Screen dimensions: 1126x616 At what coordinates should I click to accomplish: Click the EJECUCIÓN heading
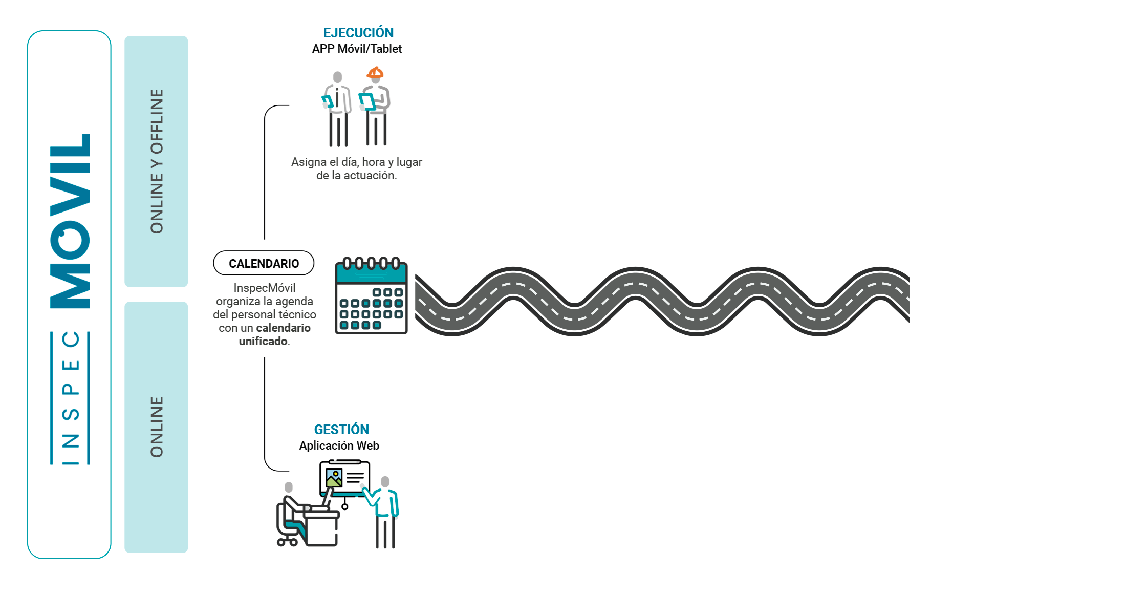click(x=358, y=33)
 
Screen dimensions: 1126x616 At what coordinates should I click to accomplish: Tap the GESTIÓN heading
click(x=341, y=429)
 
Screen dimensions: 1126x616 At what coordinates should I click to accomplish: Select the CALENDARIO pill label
click(x=264, y=263)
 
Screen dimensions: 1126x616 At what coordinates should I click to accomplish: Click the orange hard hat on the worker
click(x=375, y=72)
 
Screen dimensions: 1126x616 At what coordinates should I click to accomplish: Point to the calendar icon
click(x=371, y=295)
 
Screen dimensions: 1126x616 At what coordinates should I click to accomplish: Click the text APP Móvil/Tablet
click(x=357, y=49)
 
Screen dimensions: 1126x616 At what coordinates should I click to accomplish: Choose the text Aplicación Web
click(x=339, y=445)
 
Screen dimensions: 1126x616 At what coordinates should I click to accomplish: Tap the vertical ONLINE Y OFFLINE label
click(x=157, y=161)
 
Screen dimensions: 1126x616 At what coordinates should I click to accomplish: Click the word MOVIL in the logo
click(x=70, y=221)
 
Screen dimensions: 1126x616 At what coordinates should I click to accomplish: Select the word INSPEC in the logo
click(x=70, y=398)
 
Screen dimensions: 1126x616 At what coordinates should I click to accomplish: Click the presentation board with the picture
click(x=344, y=478)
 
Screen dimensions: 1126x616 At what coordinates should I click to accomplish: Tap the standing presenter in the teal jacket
click(x=384, y=512)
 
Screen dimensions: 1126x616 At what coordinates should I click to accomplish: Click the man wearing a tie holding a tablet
click(x=337, y=109)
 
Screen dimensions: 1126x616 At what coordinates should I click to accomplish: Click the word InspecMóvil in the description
click(x=264, y=288)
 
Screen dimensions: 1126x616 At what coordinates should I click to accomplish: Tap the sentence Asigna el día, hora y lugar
click(x=357, y=162)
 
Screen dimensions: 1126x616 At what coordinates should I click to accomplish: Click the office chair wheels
click(x=287, y=542)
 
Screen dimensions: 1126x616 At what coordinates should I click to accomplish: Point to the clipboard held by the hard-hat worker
click(x=366, y=101)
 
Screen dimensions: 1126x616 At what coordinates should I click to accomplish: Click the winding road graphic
click(x=662, y=301)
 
